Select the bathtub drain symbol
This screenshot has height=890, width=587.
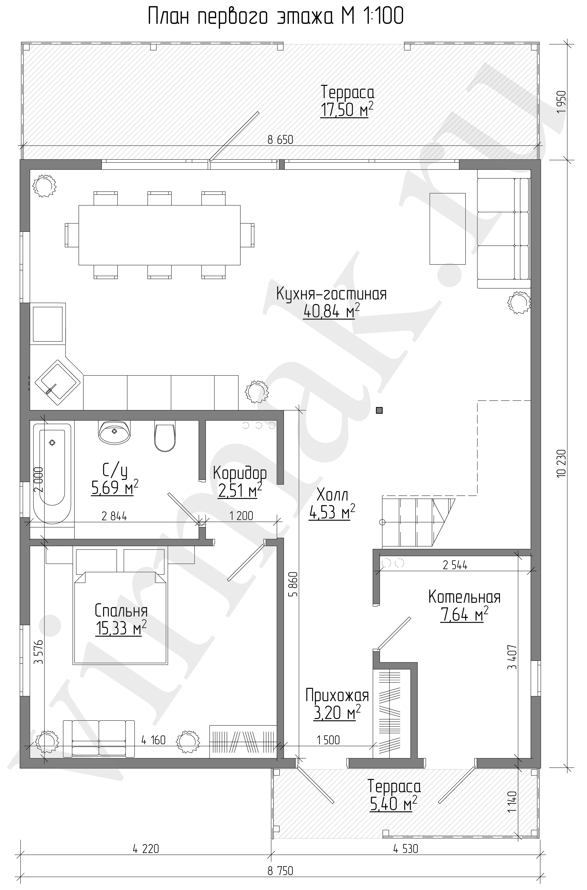52,443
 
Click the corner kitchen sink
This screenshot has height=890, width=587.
58,382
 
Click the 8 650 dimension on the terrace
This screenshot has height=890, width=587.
280,140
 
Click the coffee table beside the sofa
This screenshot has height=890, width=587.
447,229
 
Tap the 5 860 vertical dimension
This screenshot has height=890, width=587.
293,584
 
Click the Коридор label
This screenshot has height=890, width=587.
240,473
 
